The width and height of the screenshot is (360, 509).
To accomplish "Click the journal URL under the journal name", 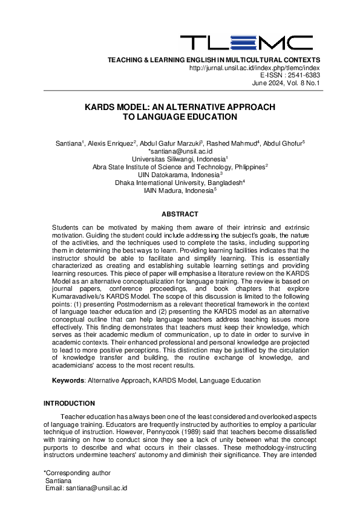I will click(255, 68).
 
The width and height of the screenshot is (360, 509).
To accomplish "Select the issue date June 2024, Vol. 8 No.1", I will click(286, 83).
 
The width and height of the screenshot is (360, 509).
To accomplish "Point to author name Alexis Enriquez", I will click(111, 143).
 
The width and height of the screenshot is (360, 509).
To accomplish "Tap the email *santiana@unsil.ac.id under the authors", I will click(180, 151).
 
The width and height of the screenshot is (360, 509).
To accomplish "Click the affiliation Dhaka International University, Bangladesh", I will click(179, 182).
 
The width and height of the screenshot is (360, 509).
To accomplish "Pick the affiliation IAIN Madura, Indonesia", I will click(179, 190).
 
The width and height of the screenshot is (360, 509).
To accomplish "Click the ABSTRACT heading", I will click(180, 214).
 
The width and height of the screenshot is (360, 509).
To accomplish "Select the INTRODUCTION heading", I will click(69, 403).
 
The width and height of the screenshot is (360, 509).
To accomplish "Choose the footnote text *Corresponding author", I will click(77, 473).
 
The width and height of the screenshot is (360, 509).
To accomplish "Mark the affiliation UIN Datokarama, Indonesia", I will click(179, 174).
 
